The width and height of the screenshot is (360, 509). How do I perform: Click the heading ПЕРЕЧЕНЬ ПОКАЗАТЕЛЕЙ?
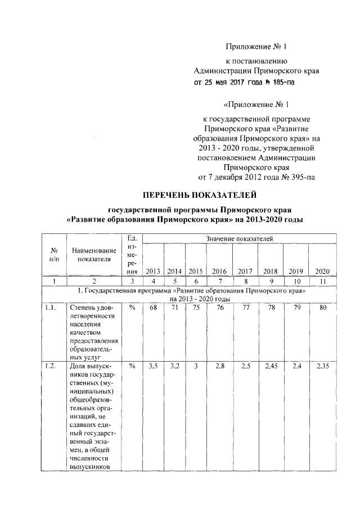tap(200, 195)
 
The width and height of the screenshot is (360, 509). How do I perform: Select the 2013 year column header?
tap(153, 271)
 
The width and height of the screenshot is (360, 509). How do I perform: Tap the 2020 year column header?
tap(322, 271)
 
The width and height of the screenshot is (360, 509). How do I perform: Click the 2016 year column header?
tap(219, 271)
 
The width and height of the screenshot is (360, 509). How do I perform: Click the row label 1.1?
tap(50, 308)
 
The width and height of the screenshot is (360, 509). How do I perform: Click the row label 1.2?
tap(50, 366)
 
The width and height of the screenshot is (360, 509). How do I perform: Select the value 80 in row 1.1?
tap(322, 308)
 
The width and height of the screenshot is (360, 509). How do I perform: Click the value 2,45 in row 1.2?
tap(272, 366)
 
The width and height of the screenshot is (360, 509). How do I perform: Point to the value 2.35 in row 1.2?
tap(322, 366)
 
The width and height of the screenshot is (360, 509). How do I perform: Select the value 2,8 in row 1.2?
tap(219, 366)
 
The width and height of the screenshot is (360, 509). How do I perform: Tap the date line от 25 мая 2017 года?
tap(244, 82)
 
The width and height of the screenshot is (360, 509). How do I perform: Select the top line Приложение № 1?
tap(256, 46)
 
